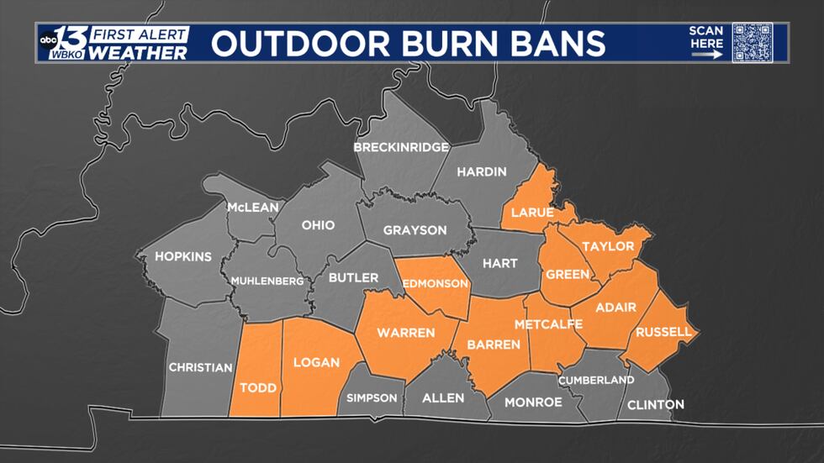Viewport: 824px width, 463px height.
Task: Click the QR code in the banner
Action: pyautogui.click(x=752, y=42)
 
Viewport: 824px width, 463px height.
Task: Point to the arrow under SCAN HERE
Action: pyautogui.click(x=706, y=55)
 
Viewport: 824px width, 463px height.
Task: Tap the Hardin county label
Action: pyautogui.click(x=482, y=172)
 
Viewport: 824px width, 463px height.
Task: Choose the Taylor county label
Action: pyautogui.click(x=608, y=246)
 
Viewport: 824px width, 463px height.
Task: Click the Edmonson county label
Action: pyautogui.click(x=435, y=283)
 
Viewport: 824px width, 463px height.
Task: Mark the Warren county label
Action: pyautogui.click(x=405, y=333)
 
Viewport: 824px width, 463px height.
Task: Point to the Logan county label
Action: pyautogui.click(x=316, y=363)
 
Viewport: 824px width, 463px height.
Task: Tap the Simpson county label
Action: pyautogui.click(x=372, y=398)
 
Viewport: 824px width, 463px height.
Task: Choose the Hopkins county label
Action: pyautogui.click(x=183, y=256)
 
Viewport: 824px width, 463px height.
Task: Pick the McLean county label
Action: pyautogui.click(x=252, y=208)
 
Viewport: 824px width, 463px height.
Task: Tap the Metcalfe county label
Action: pyautogui.click(x=548, y=324)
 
